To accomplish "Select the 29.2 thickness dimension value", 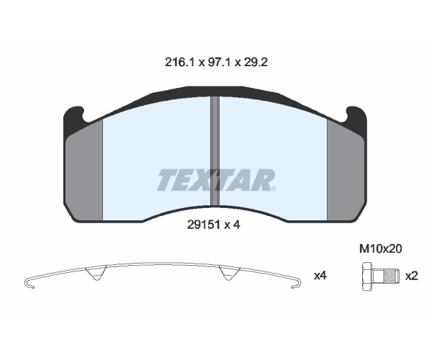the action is [255, 63].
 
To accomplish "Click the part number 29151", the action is [204, 225].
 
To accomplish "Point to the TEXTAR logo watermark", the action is [216, 180].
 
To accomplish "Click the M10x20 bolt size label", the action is [380, 249].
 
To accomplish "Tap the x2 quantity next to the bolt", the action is [411, 276].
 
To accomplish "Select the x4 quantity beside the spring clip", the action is [320, 276].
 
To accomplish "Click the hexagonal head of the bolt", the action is [366, 276].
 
